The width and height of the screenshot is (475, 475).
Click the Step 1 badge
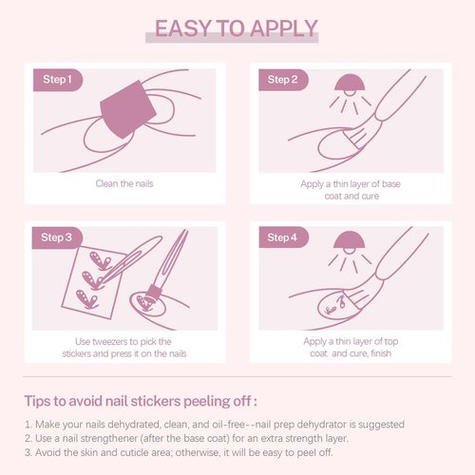pos(58,80)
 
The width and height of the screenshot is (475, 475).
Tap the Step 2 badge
pos(283,80)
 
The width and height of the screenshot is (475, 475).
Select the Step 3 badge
pos(57,237)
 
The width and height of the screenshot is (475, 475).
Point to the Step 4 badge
pos(284,237)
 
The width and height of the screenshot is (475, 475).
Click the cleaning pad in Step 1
pos(128,109)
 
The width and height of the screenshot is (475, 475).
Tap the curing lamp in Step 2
pos(350,83)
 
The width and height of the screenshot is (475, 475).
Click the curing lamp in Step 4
pos(349,240)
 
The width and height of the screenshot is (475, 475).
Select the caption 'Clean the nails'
pos(124,183)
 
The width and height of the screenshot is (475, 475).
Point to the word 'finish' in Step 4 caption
pos(381,353)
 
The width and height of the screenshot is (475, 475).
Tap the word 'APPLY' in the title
pos(284,28)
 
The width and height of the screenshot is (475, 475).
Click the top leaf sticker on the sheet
pos(100,260)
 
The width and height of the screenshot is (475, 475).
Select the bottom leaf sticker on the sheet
pos(86,299)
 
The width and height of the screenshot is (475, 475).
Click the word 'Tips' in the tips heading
pos(37,401)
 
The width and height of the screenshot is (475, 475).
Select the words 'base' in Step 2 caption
pos(391,184)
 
